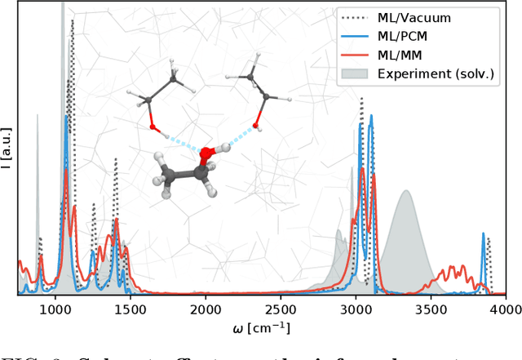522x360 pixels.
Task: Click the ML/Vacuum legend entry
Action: click(415, 17)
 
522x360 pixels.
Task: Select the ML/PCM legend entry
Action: click(407, 36)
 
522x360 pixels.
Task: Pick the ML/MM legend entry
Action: click(404, 55)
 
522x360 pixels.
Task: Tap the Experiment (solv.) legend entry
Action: click(436, 73)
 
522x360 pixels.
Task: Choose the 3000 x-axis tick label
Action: click(356, 309)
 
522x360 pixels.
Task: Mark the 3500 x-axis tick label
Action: click(431, 309)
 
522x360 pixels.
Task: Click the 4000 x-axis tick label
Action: click(505, 309)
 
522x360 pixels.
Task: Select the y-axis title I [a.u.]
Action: click(7, 147)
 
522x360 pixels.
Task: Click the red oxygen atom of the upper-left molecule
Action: click(153, 127)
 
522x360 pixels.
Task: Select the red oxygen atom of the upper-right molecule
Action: click(257, 126)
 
